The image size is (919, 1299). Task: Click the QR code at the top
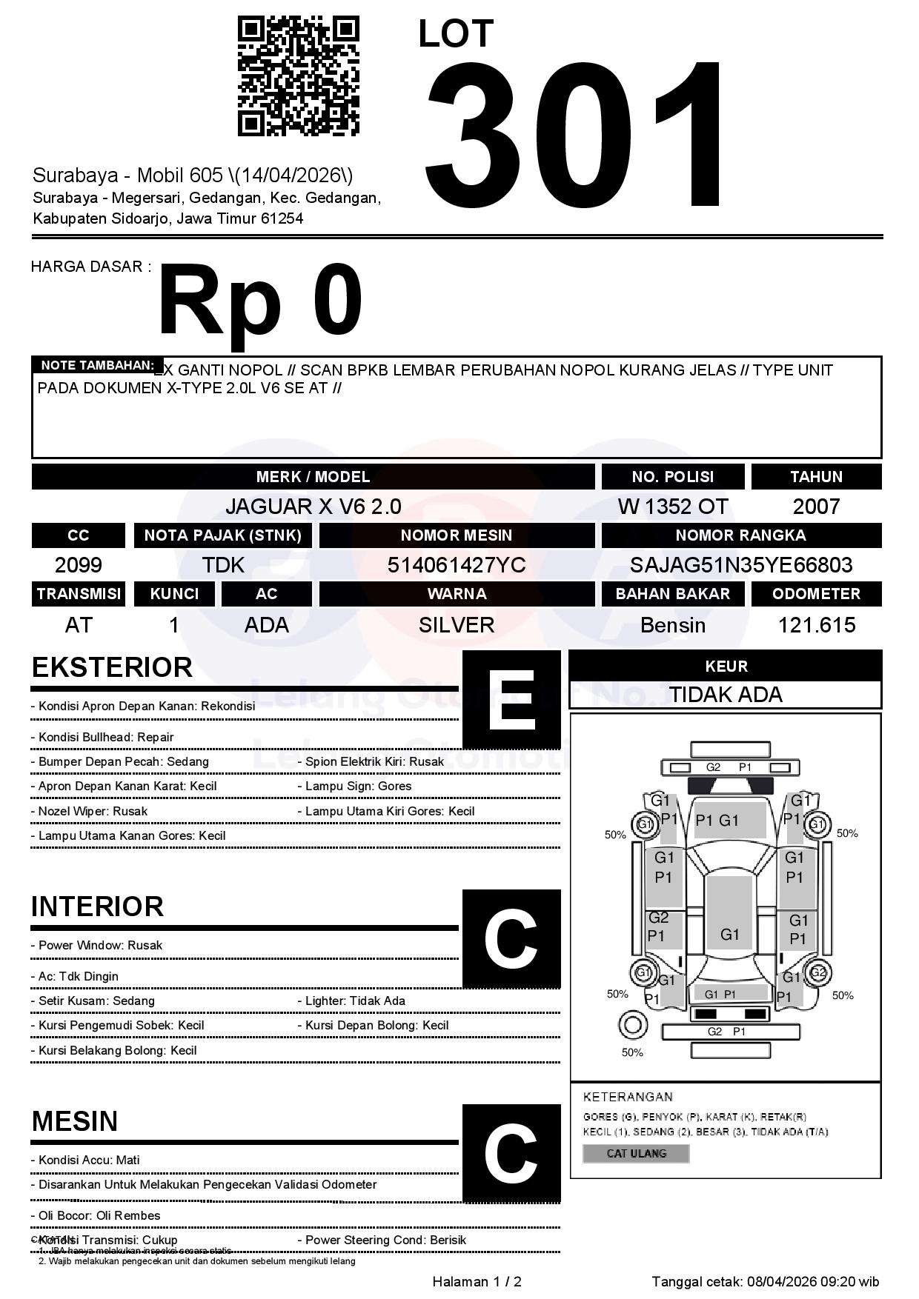coord(299,76)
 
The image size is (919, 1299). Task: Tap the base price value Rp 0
coord(260,302)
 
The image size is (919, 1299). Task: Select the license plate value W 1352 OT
coord(673,507)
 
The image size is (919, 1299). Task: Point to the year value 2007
coord(816,507)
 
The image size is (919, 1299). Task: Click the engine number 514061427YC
coord(457,565)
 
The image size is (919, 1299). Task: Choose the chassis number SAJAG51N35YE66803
coord(741,565)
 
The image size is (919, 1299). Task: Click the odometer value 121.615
coord(816,625)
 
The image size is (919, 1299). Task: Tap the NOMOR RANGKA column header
coord(741,535)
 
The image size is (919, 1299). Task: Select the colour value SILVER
coord(457,625)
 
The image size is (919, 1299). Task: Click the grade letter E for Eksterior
coord(511,700)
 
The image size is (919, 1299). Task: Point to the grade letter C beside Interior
coord(511,939)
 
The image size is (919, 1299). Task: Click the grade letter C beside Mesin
coord(511,1153)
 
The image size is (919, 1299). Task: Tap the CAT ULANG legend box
coord(636,1153)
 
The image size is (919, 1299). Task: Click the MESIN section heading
coord(75,1121)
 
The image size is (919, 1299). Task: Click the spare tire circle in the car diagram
coord(632,1026)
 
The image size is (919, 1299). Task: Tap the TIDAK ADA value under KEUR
coord(726,695)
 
